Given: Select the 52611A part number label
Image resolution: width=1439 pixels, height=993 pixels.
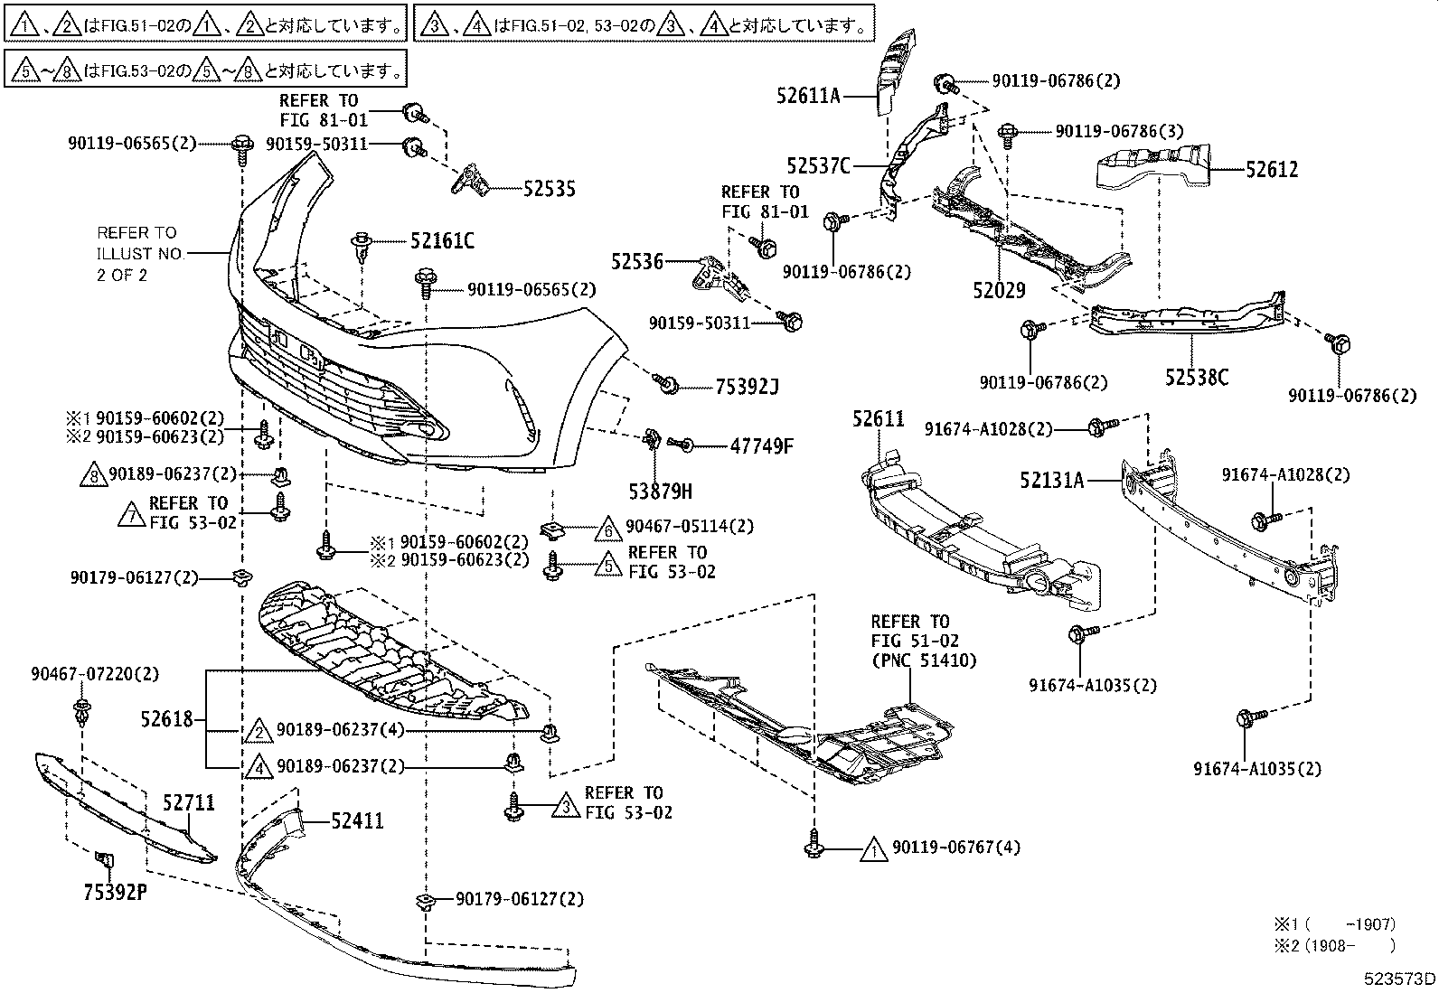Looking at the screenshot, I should coord(807,94).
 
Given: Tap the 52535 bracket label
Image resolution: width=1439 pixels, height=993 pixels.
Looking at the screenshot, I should coord(549,189).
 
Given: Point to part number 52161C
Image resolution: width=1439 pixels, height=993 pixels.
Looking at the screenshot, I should coord(442,241).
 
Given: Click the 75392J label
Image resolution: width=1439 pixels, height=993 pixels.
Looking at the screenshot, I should coord(747,388).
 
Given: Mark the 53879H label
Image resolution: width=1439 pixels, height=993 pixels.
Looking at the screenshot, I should coord(660,491).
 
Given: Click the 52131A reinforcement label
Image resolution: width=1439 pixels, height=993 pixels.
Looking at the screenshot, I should coord(1051,481).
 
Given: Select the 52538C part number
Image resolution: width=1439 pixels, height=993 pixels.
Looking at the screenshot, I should coord(1196,378).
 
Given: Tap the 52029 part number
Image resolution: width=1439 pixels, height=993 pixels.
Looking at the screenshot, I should coord(999,290).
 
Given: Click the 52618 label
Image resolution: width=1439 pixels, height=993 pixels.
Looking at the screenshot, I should coord(167,719).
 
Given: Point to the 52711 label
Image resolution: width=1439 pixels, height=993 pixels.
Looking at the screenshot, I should coord(189,802).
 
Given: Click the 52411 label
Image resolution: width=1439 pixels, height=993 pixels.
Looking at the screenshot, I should coord(357,820).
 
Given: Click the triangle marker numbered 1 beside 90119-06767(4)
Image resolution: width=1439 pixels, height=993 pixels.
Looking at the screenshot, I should coord(872,849).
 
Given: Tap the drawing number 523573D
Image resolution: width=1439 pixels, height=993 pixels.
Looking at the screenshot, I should coord(1400,979).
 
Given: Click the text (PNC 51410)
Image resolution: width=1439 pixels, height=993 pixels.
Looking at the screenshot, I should coord(924,660).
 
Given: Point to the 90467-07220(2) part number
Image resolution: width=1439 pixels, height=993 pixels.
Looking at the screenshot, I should coord(95,673).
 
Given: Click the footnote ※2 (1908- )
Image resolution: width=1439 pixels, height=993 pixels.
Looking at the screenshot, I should coord(1334,945).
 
